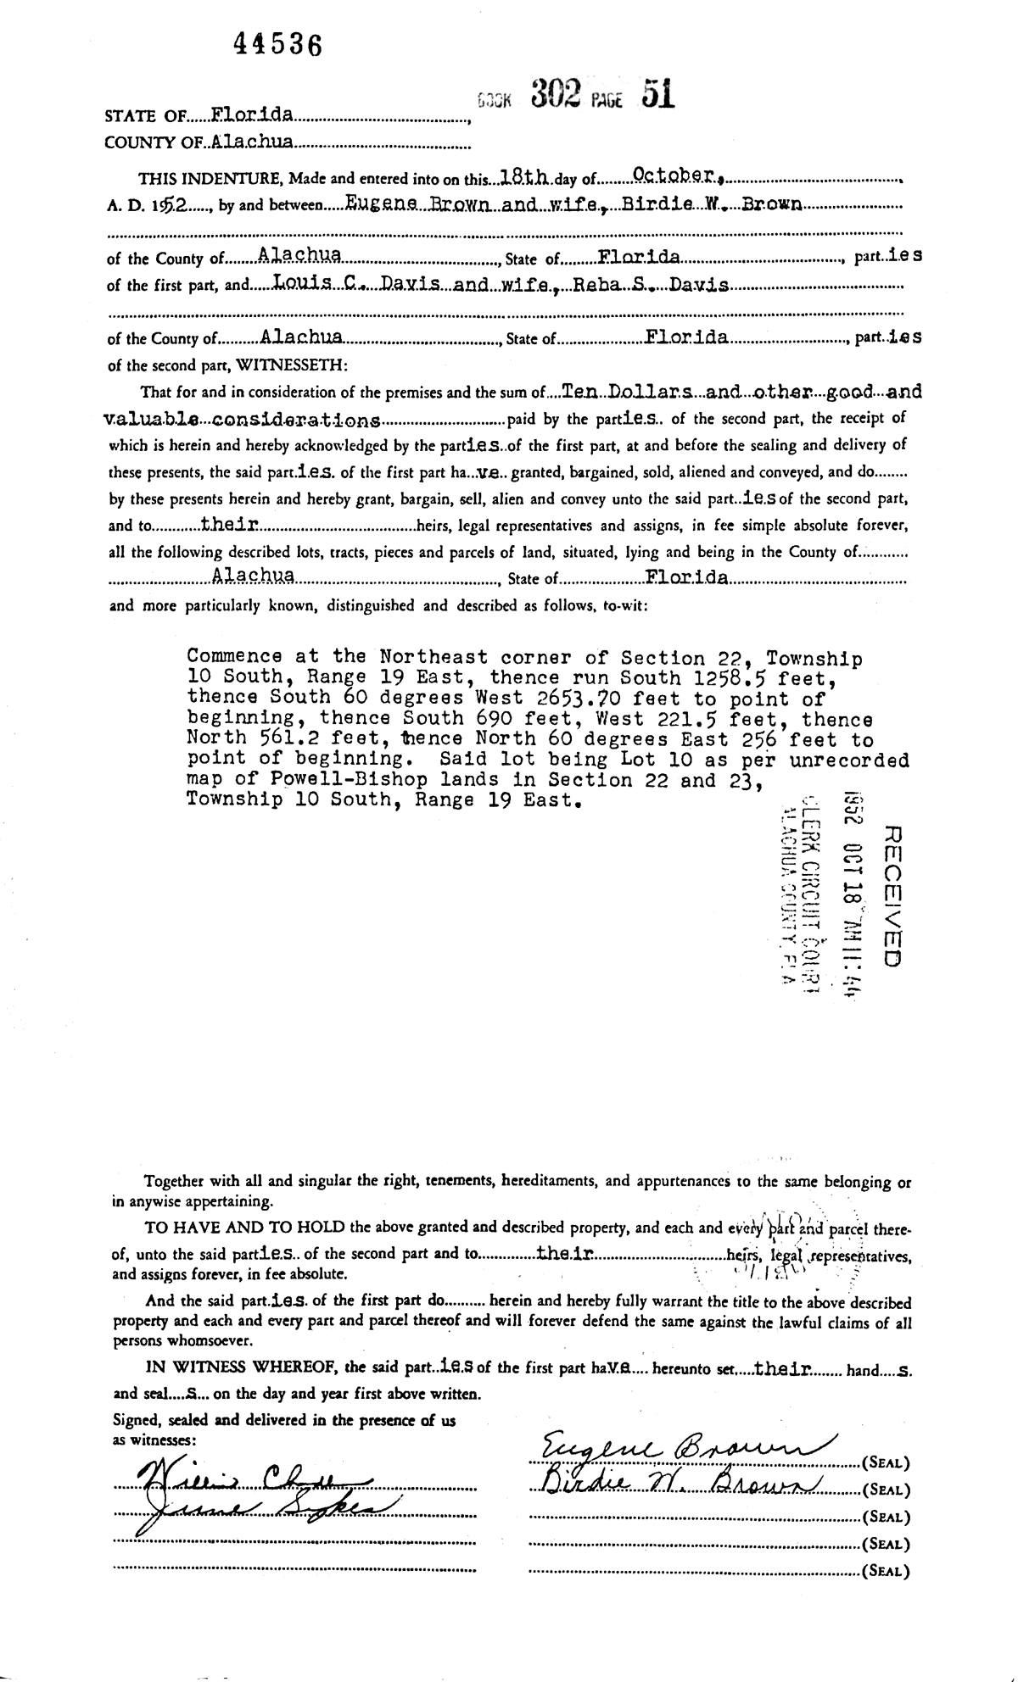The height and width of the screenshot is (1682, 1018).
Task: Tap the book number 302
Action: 556,94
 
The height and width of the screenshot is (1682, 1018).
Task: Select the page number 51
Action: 658,94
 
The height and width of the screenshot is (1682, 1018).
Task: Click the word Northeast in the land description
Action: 433,656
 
